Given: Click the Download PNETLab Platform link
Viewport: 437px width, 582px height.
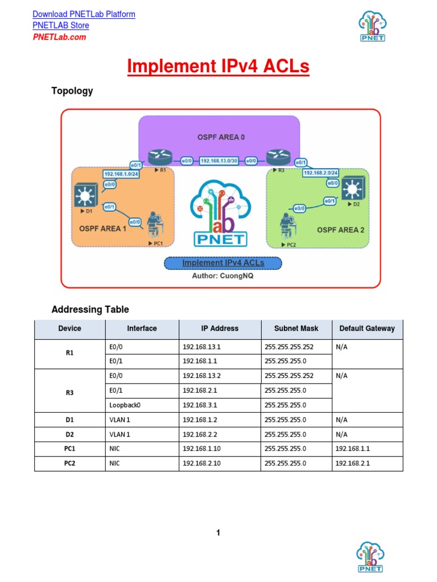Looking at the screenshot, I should pos(84,14).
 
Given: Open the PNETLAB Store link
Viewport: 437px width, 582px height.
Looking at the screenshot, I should pos(61,26).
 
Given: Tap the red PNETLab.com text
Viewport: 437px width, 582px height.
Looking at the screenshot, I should pos(59,37).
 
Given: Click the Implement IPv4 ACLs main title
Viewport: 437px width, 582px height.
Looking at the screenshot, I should pos(218,66).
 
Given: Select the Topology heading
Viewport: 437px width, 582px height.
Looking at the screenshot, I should pos(72,91).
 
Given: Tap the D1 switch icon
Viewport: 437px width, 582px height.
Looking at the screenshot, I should pos(86,195).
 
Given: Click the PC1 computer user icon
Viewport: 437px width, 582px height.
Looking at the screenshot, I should pos(153,225).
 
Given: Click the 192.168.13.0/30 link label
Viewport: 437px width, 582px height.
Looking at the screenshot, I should pos(221,161).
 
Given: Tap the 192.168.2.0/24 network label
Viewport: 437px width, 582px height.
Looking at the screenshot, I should pos(321,172).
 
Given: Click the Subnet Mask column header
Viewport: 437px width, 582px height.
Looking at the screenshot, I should pos(296,329).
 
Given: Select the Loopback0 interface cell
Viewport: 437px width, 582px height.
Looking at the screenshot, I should pos(124,405).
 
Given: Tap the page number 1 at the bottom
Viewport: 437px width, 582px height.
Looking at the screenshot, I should pos(218,533).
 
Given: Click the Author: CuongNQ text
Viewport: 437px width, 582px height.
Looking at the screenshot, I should pos(222,276).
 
